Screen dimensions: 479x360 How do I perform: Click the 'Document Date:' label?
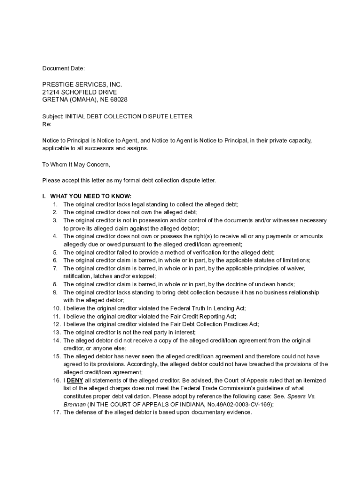pyautogui.click(x=64, y=69)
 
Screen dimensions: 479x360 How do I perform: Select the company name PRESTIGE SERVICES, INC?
pyautogui.click(x=82, y=85)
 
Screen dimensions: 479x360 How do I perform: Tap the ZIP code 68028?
pyautogui.click(x=118, y=100)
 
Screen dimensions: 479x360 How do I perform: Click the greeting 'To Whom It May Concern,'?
pyautogui.click(x=76, y=164)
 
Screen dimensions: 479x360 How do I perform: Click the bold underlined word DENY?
pyautogui.click(x=75, y=381)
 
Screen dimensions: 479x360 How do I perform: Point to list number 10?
pyautogui.click(x=56, y=308)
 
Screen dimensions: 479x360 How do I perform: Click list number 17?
pyautogui.click(x=56, y=413)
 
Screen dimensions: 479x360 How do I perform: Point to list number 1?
pyautogui.click(x=55, y=204)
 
